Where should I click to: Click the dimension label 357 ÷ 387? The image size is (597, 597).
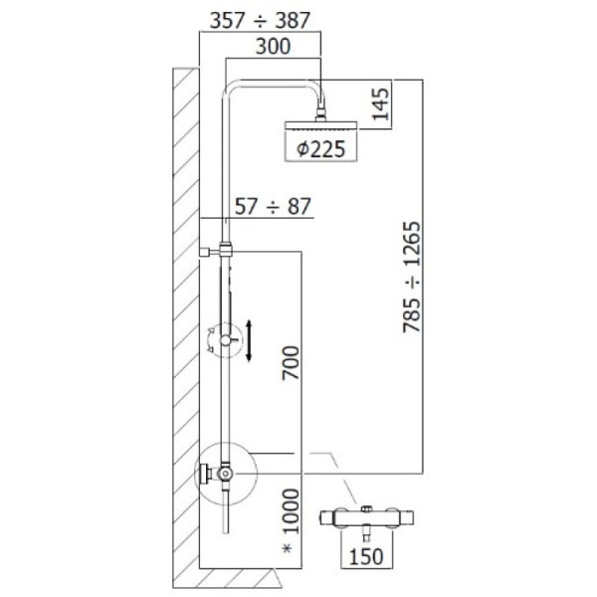pos(261,21)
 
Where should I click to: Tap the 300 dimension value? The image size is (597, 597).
pos(273,47)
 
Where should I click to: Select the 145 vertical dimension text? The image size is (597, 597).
pos(381,103)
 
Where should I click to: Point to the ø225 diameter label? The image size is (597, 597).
pos(321,148)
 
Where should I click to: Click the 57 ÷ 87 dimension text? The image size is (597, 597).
pos(273,207)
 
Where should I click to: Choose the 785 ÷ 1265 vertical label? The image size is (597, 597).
pos(412,278)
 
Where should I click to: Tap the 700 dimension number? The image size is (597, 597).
pos(291,363)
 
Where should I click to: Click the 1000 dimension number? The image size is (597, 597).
pos(291,511)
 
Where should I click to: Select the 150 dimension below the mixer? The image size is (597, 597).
pos(366,556)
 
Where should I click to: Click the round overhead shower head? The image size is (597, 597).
pos(321,125)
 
